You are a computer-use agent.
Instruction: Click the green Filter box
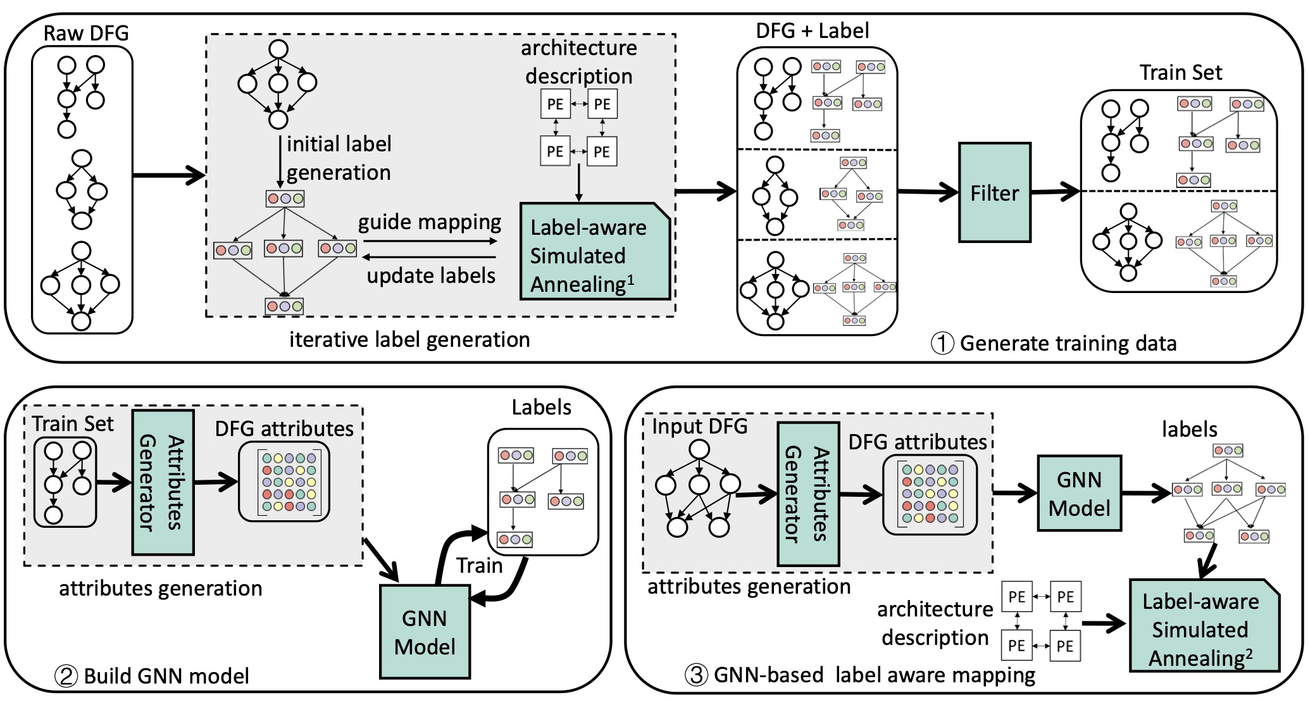point(994,192)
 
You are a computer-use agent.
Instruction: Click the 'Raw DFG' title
point(85,33)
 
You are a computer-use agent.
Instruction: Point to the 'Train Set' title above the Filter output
point(1180,73)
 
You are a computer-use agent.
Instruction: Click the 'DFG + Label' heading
point(812,30)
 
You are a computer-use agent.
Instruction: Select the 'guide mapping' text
point(429,222)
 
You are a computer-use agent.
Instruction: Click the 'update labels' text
point(431,276)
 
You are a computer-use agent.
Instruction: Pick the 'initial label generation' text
point(339,158)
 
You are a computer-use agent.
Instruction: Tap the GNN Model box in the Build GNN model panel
point(425,632)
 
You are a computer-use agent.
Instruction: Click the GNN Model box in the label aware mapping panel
point(1079,494)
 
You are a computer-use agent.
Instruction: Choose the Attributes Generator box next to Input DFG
point(807,494)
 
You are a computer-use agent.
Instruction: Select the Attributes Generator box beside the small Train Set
point(163,482)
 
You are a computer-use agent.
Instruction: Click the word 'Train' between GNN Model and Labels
point(479,565)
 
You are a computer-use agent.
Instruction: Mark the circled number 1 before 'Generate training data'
point(942,344)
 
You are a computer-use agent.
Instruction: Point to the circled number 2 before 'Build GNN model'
point(66,676)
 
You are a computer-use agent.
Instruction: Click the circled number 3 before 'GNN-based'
point(696,675)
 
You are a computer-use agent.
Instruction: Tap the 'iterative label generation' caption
point(409,340)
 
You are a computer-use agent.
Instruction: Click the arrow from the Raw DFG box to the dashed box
point(168,175)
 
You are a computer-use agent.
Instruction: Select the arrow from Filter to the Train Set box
point(1055,191)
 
